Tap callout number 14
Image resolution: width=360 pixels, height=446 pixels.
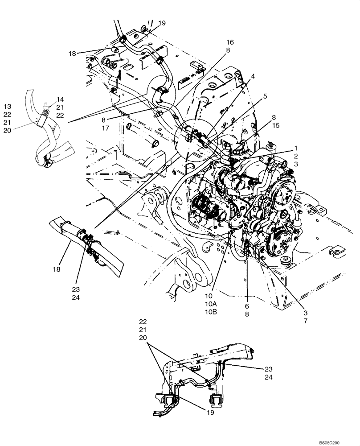point(60,99)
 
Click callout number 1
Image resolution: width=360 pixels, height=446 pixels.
point(295,148)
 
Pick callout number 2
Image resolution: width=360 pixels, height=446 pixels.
point(295,156)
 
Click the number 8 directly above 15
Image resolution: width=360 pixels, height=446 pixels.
point(274,117)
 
